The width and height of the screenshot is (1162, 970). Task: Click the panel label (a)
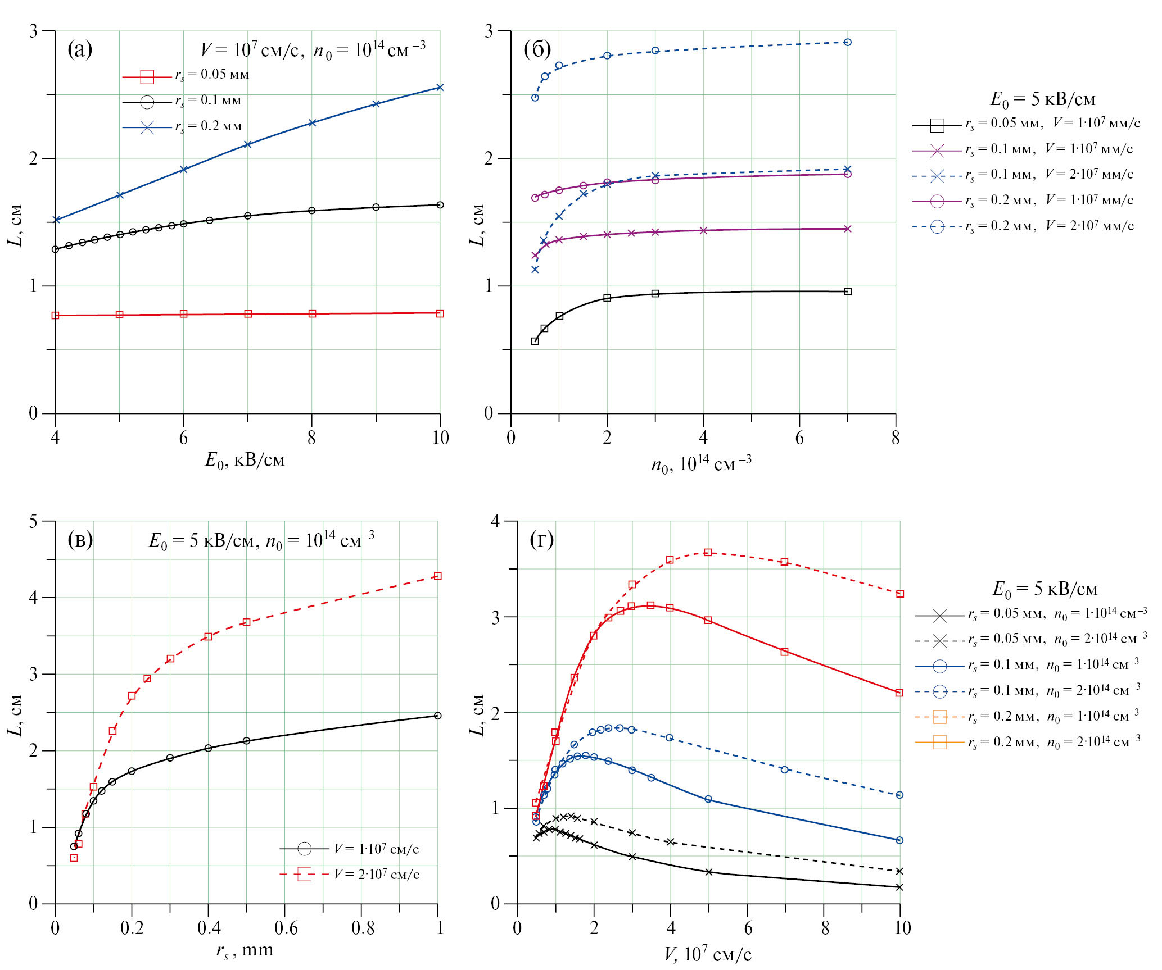coord(80,49)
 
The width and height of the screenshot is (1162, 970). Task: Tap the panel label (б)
coord(537,49)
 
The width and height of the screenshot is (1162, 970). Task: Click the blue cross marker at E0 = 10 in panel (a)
coord(440,88)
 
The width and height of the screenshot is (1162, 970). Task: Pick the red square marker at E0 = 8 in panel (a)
coord(313,313)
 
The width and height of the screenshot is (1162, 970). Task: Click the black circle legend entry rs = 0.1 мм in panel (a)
coord(186,101)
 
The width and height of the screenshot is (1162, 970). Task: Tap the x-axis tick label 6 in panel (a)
coord(183,438)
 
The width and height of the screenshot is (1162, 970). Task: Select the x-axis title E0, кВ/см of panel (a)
coord(245,461)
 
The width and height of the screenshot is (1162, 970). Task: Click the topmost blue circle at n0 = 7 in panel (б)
coord(848,42)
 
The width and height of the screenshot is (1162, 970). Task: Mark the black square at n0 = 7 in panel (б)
coord(848,292)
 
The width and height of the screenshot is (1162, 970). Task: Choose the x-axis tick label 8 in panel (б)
coord(896,438)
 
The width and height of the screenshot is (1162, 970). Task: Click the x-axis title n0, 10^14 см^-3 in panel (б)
coord(701,464)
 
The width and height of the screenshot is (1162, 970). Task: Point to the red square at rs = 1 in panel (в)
coord(438,576)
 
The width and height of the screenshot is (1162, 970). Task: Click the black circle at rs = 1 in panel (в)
coord(438,716)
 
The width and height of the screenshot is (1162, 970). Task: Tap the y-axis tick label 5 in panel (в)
coord(34,521)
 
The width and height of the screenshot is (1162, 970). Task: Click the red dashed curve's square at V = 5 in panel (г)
coord(708,552)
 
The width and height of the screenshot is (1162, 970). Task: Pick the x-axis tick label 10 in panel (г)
coord(902,928)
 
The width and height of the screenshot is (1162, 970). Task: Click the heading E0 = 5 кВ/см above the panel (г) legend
coord(1045,589)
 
